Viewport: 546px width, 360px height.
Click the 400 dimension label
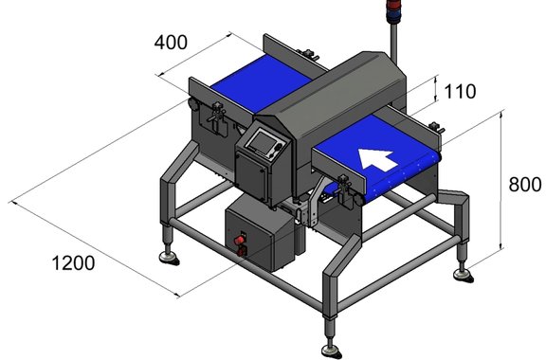(x=171, y=43)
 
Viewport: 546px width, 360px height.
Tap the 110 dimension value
(x=460, y=92)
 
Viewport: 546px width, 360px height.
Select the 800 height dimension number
(x=525, y=185)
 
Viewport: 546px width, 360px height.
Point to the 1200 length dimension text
(x=73, y=262)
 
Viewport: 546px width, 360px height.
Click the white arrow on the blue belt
(x=378, y=159)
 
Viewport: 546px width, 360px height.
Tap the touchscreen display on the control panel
(x=264, y=142)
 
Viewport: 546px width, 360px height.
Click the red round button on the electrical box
(x=239, y=241)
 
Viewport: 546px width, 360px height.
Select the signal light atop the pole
(x=394, y=11)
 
